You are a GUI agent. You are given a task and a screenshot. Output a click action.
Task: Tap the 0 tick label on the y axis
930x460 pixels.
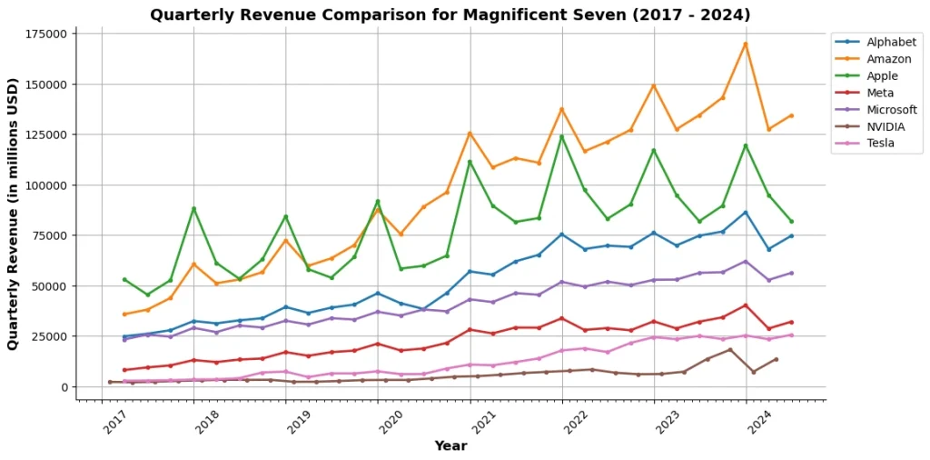pos(64,387)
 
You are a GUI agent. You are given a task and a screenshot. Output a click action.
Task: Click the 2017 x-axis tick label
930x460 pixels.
pos(114,422)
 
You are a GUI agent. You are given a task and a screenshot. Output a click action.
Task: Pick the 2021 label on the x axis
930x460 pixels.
pos(483,422)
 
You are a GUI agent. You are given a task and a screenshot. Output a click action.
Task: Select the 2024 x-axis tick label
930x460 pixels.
pos(759,422)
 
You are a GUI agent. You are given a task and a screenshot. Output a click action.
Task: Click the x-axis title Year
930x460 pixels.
pos(450,446)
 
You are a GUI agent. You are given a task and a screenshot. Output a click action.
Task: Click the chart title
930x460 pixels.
pos(450,15)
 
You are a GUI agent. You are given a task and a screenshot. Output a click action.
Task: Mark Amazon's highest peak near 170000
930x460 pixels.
pos(746,44)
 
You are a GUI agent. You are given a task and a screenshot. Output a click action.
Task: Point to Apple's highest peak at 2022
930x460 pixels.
pos(561,136)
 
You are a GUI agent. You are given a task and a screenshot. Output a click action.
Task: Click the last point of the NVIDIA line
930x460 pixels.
pos(776,359)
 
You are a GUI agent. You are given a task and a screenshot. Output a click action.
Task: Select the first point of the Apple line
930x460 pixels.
pos(124,279)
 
